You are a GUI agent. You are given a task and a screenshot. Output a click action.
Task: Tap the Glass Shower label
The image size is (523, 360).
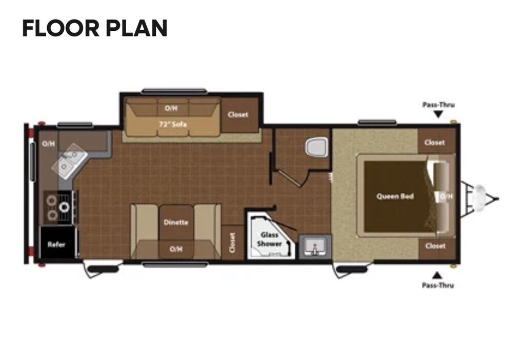270,239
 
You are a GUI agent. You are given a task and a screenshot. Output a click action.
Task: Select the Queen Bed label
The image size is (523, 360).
395,196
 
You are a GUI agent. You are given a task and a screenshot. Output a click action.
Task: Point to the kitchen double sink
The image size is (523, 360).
69,161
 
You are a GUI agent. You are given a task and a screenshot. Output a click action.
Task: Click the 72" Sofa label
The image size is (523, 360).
173,125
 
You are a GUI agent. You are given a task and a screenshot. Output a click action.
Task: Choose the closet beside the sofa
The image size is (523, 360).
238,114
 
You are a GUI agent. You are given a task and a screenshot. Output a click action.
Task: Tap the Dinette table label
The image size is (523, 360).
176,222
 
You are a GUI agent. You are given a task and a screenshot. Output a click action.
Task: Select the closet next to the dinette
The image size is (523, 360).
232,242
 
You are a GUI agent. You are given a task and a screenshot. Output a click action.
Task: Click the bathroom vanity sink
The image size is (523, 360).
315,247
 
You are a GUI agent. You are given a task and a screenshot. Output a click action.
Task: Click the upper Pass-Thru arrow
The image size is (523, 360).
438,114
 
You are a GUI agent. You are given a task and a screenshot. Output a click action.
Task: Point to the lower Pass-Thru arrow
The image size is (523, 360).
437,275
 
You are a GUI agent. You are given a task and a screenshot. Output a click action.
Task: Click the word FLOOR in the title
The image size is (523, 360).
61,28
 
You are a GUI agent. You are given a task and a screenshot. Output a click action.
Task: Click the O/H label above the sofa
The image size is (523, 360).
171,108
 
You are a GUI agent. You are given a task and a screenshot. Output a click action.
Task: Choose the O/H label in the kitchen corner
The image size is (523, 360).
48,144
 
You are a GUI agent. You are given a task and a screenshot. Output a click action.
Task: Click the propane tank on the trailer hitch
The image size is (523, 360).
480,198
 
